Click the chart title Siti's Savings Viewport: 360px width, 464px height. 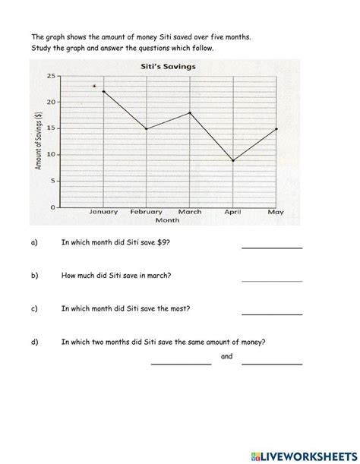pyautogui.click(x=169, y=67)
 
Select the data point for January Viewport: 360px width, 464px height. pyautogui.click(x=103, y=91)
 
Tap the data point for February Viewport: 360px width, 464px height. pyautogui.click(x=147, y=128)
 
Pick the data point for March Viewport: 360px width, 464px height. pyautogui.click(x=190, y=112)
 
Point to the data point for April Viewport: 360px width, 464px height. pyautogui.click(x=233, y=160)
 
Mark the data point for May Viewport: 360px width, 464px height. pyautogui.click(x=276, y=128)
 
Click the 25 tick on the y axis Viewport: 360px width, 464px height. pyautogui.click(x=51, y=76)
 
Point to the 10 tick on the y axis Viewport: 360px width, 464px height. pyautogui.click(x=51, y=155)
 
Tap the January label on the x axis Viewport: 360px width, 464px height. pyautogui.click(x=103, y=212)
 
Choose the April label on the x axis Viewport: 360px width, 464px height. pyautogui.click(x=233, y=212)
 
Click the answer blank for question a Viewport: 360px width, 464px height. pyautogui.click(x=272, y=246)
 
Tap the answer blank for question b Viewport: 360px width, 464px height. pyautogui.click(x=272, y=279)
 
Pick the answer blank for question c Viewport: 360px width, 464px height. pyautogui.click(x=272, y=313)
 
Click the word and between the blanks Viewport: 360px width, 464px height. pyautogui.click(x=226, y=356)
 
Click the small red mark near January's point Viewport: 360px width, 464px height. pyautogui.click(x=94, y=86)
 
